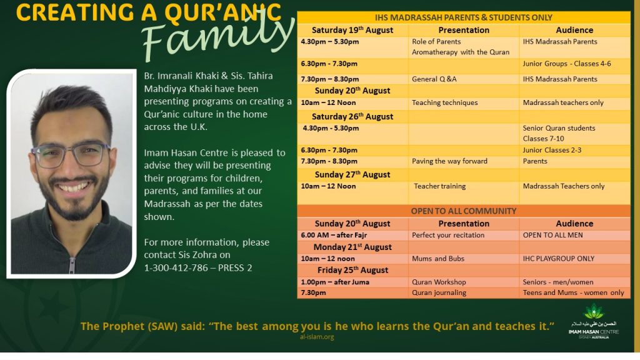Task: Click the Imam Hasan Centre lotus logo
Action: pos(594,312)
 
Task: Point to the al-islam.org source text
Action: pos(317,337)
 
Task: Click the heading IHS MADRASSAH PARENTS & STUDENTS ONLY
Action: pos(463,17)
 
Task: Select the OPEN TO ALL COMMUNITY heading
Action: pos(463,211)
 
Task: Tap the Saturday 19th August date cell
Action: pos(352,30)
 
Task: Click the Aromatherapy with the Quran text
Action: pos(461,52)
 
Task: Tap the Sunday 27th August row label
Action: pos(352,175)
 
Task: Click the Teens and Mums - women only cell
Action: pos(574,292)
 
